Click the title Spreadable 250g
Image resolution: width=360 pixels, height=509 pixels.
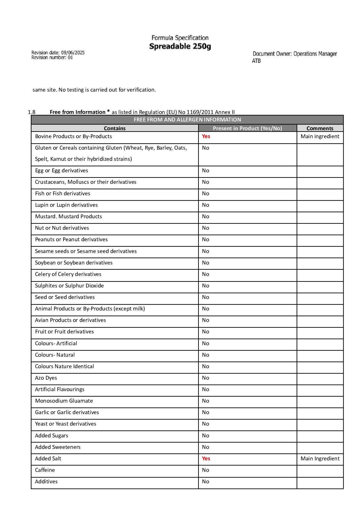180,46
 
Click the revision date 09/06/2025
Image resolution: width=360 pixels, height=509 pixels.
73,53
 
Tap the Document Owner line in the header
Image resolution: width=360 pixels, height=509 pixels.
294,54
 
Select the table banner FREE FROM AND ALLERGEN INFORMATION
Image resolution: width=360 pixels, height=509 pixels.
187,120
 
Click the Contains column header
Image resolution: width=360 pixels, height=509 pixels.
114,128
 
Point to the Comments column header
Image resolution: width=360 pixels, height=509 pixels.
320,128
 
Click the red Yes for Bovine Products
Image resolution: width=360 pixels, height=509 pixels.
206,136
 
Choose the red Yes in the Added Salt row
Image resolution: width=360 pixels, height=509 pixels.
206,459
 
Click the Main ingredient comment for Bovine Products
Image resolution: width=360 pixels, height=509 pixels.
320,136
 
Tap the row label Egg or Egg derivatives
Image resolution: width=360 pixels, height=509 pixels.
62,170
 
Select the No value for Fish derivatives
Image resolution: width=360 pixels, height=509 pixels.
206,193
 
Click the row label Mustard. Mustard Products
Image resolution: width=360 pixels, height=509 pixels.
69,216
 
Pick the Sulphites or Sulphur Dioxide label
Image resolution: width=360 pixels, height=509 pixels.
69,286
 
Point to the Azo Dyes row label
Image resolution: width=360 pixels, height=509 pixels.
46,378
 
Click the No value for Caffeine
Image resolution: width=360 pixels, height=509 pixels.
206,470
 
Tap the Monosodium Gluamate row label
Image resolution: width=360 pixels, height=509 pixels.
64,401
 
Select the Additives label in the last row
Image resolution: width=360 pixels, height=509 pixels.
46,481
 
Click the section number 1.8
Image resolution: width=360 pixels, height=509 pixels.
32,112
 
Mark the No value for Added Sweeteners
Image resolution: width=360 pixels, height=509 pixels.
206,447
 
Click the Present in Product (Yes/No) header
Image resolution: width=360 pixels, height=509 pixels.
247,128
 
